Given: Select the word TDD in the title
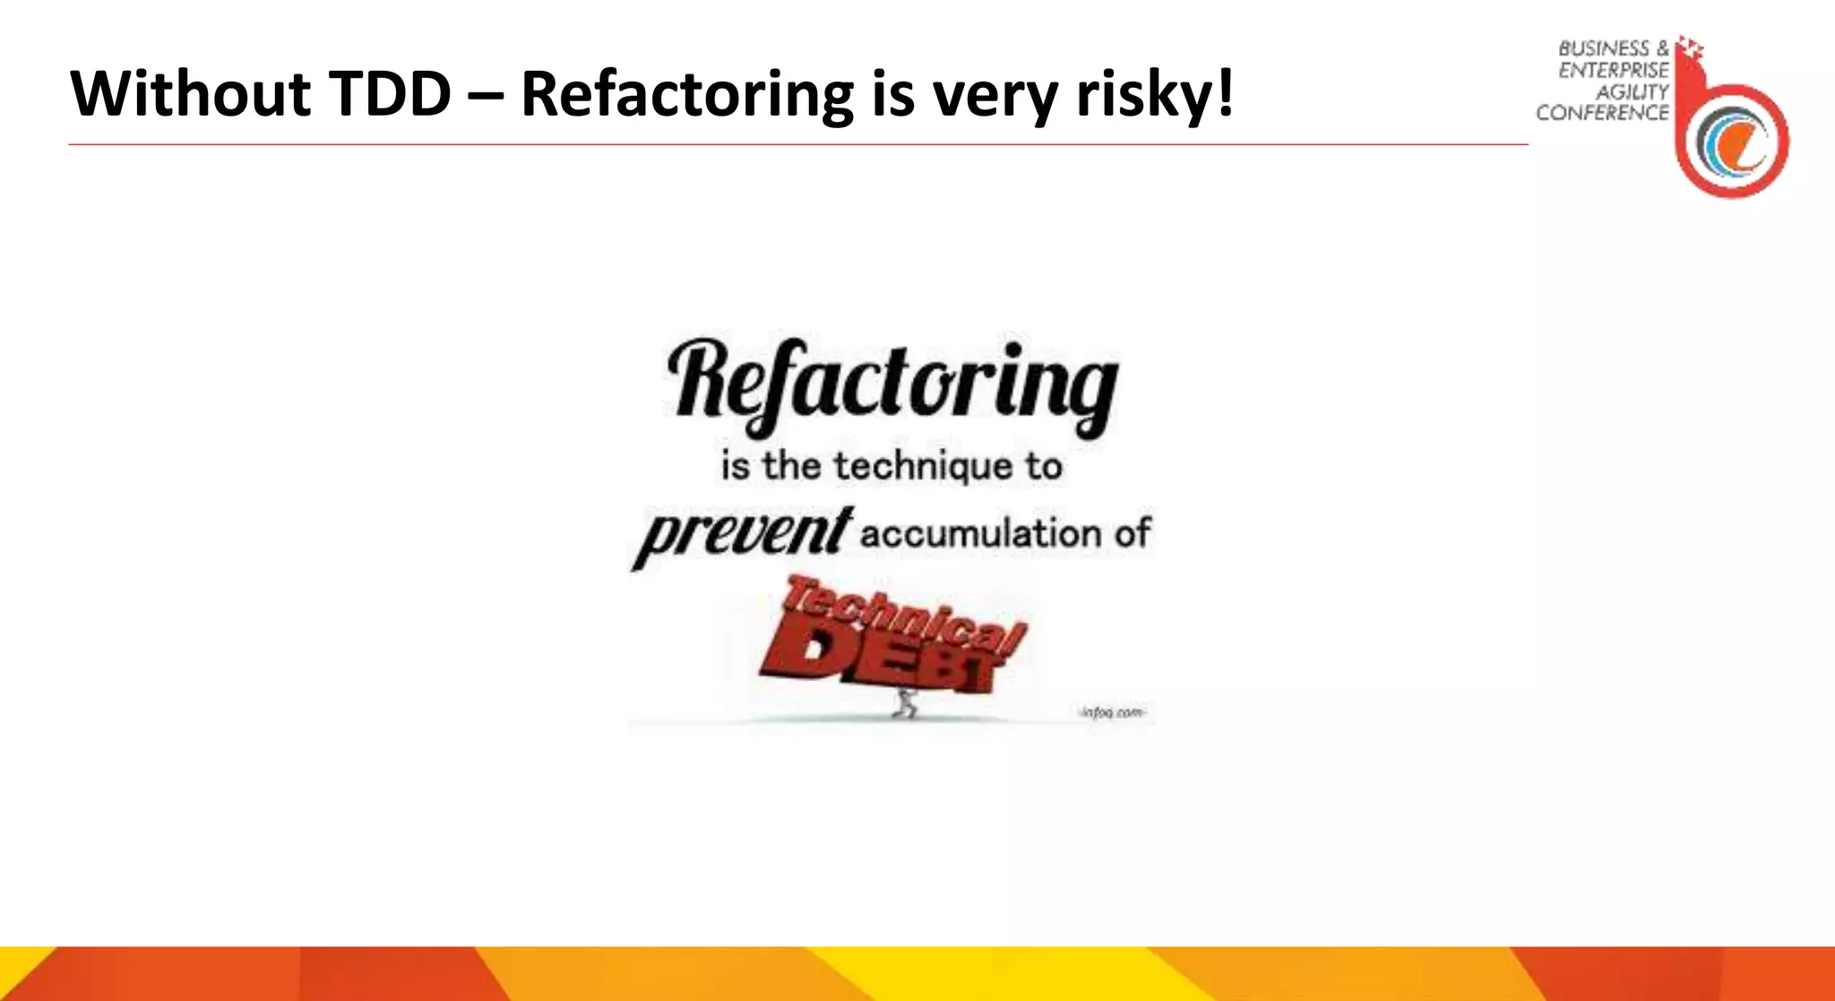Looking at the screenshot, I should click(x=390, y=93).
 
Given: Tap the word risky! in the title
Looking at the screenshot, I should click(x=1155, y=95).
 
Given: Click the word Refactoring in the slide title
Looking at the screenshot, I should click(x=687, y=95).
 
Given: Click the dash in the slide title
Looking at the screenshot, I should click(x=486, y=95).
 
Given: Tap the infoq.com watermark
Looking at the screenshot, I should click(x=1111, y=712).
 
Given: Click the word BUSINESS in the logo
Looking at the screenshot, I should click(x=1603, y=48).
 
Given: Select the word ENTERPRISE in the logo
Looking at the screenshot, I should click(x=1613, y=70).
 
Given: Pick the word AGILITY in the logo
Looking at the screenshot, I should click(x=1632, y=91).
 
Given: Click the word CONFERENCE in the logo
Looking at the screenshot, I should click(x=1602, y=113).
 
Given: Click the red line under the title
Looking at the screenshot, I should click(x=797, y=144).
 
